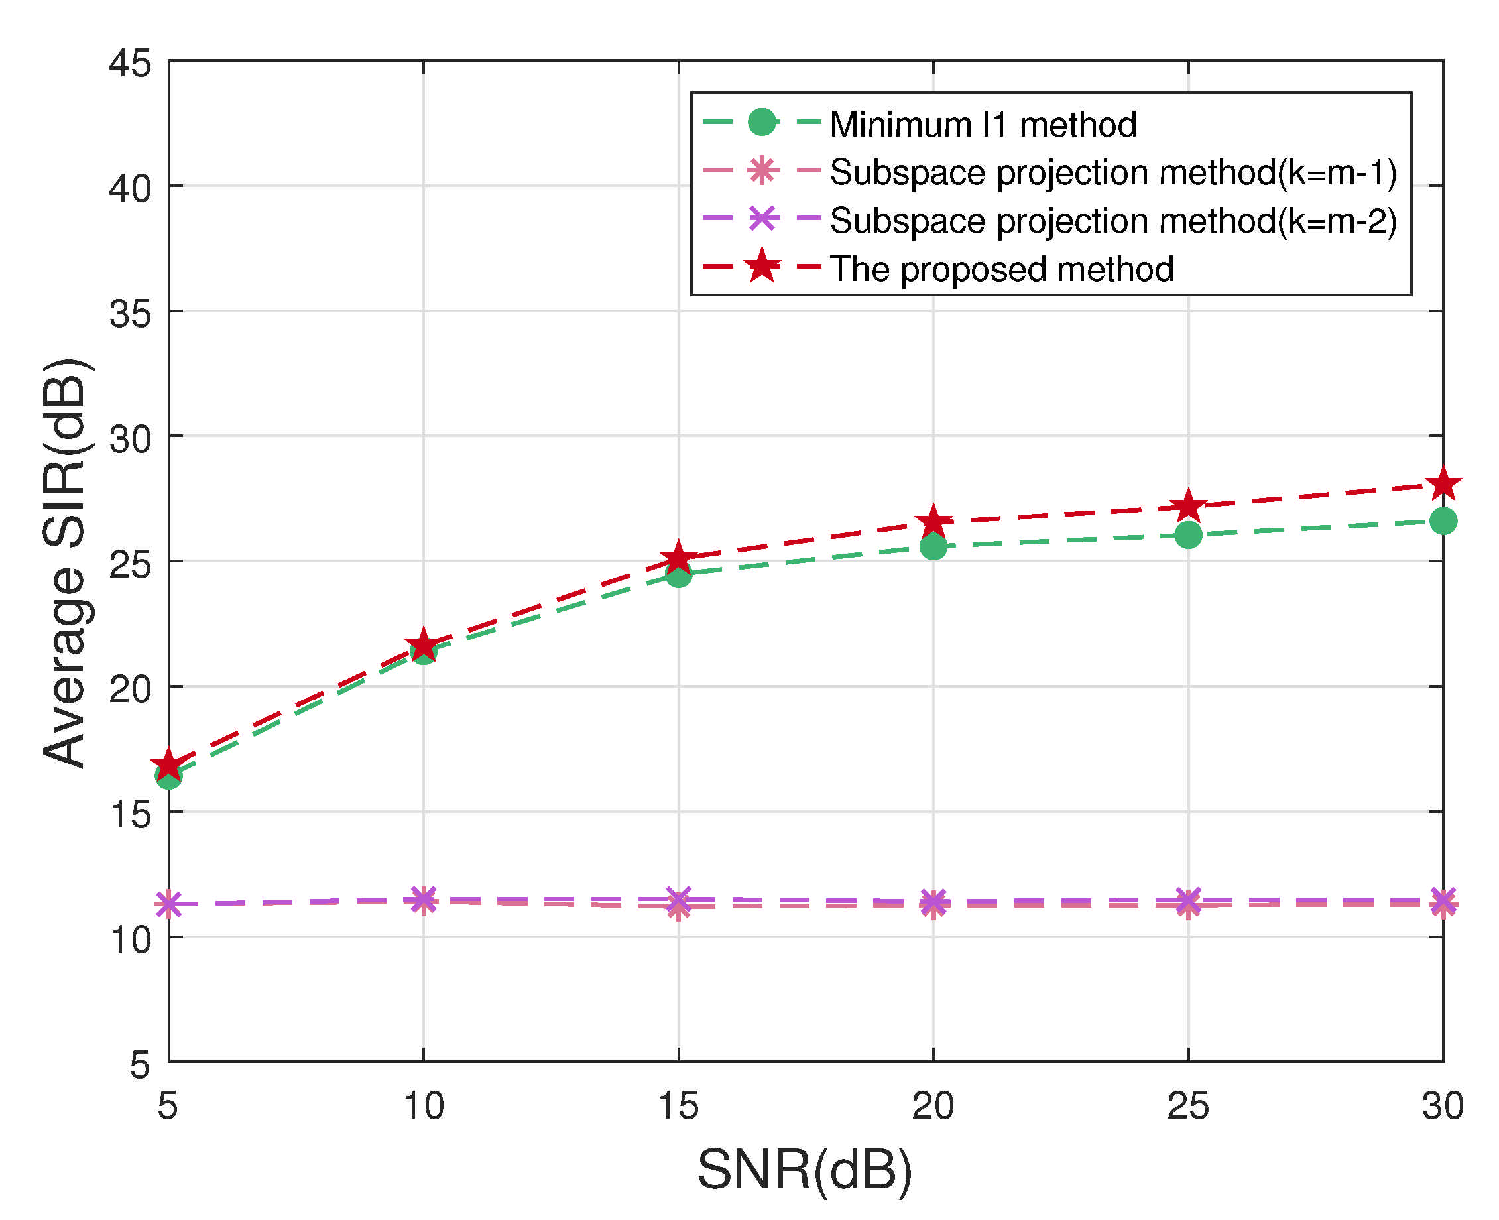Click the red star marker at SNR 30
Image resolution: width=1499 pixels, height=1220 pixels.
[x=1443, y=484]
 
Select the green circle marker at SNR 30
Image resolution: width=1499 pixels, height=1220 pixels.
[x=1443, y=520]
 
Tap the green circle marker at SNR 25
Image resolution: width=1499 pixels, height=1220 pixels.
[x=1187, y=535]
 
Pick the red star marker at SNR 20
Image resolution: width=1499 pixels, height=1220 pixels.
[x=933, y=521]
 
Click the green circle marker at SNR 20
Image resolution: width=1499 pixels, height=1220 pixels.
[x=933, y=546]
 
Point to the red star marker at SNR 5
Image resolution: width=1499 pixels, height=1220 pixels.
[x=168, y=764]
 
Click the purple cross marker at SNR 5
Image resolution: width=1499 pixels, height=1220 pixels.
[x=168, y=904]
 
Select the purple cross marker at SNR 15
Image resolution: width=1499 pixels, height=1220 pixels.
[x=678, y=899]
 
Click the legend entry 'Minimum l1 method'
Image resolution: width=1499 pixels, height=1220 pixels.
[x=983, y=125]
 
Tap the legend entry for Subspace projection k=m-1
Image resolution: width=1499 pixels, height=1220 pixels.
[x=1112, y=172]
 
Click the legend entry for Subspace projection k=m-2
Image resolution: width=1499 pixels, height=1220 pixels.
[x=1112, y=221]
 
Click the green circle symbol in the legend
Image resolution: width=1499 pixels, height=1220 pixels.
[x=762, y=122]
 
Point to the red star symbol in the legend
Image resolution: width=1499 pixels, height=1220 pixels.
[x=762, y=267]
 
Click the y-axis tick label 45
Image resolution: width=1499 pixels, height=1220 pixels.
[x=130, y=64]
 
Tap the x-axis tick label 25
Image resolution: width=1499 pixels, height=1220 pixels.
[x=1187, y=1105]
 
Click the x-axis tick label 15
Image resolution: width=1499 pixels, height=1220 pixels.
[x=678, y=1105]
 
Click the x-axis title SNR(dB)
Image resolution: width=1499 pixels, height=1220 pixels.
[x=805, y=1170]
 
